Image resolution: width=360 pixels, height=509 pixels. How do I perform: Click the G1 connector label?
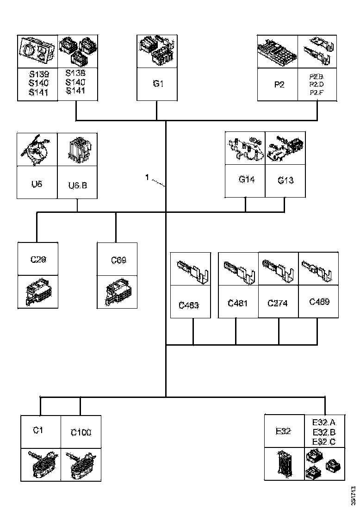(158, 84)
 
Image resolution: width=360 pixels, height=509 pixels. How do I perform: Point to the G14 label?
(247, 179)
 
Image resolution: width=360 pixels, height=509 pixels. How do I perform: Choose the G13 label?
(286, 180)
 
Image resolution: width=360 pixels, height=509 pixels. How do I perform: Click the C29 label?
(38, 260)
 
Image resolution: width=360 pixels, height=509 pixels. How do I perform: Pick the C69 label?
(118, 260)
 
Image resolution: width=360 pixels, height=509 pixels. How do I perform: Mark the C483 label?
(188, 305)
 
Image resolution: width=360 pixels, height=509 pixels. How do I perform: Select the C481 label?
(237, 304)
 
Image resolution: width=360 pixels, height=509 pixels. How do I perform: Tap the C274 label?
(278, 304)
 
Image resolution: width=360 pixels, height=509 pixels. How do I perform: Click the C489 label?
(319, 302)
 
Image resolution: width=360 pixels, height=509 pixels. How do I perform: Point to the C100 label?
(81, 432)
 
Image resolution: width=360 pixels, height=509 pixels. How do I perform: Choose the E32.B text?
(324, 432)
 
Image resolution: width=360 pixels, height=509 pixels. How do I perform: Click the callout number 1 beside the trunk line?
(147, 177)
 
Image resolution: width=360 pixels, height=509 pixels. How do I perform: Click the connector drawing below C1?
(41, 465)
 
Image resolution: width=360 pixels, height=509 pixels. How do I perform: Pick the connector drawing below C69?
(117, 292)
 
